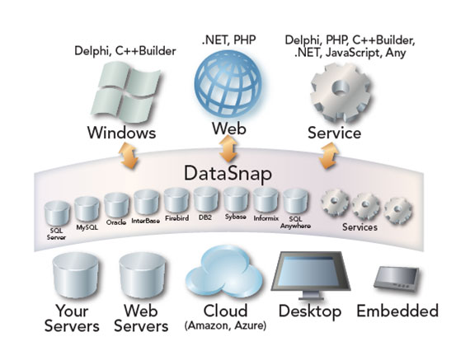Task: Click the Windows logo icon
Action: pyautogui.click(x=125, y=92)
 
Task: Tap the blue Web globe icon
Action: pyautogui.click(x=228, y=85)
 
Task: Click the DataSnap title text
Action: pyautogui.click(x=228, y=174)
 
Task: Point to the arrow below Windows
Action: pyautogui.click(x=129, y=156)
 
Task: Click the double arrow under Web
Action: pyautogui.click(x=228, y=149)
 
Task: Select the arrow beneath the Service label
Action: pyautogui.click(x=328, y=156)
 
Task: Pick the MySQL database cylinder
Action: pyautogui.click(x=87, y=209)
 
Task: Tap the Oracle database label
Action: pyautogui.click(x=116, y=222)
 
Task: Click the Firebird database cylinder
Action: pyautogui.click(x=176, y=201)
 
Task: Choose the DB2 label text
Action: pyautogui.click(x=205, y=217)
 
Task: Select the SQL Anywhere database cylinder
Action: pyautogui.click(x=295, y=201)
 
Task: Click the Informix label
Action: pyautogui.click(x=266, y=218)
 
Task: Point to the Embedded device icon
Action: pyautogui.click(x=397, y=278)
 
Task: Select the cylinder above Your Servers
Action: pyautogui.click(x=76, y=275)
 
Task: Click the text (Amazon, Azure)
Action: pyautogui.click(x=225, y=325)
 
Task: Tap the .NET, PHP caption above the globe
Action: pyautogui.click(x=228, y=40)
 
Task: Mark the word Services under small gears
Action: pyautogui.click(x=360, y=227)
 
